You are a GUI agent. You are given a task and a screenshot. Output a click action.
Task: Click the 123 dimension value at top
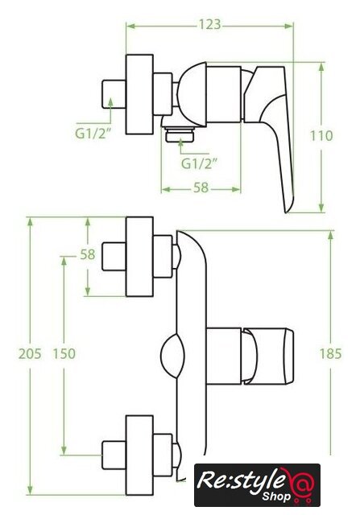pos(209,25)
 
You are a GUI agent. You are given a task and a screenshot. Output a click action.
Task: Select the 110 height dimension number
pos(321,136)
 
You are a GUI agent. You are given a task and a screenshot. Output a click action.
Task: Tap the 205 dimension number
pos(30,354)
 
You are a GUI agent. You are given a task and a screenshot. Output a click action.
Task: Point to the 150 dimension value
pos(64,354)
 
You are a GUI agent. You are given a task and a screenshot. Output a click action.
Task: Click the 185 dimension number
pos(331,354)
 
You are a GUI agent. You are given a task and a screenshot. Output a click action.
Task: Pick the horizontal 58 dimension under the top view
pos(201,187)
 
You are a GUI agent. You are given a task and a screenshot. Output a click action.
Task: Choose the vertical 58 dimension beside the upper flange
pos(88,254)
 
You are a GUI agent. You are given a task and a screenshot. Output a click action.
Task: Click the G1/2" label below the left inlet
pos(93,134)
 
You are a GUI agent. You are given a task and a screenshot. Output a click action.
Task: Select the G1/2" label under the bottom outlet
pos(200,163)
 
